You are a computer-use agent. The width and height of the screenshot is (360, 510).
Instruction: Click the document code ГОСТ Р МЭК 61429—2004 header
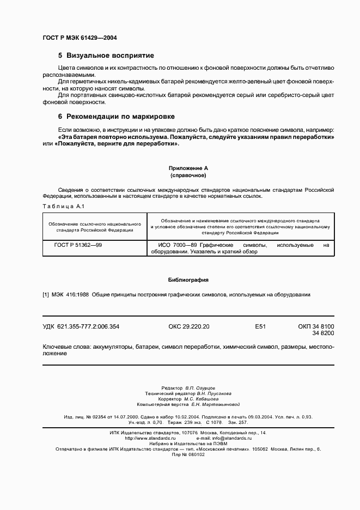(x=80, y=38)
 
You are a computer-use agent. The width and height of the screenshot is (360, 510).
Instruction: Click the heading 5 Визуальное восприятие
(x=106, y=56)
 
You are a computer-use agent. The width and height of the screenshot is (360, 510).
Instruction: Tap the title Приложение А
(x=188, y=169)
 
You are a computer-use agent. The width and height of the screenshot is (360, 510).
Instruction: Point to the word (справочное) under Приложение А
(x=188, y=176)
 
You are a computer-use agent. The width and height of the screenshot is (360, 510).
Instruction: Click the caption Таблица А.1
(x=61, y=207)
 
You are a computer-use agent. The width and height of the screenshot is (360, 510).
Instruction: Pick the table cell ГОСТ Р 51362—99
(x=78, y=245)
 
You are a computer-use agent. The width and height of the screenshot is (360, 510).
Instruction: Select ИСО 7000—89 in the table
(x=168, y=245)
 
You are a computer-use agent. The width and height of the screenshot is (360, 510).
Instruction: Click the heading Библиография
(x=188, y=280)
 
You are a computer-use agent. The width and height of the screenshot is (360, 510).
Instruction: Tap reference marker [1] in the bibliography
(x=46, y=295)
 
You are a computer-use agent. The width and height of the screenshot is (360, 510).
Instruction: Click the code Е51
(x=260, y=326)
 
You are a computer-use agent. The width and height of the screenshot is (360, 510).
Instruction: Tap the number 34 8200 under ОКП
(x=323, y=333)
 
